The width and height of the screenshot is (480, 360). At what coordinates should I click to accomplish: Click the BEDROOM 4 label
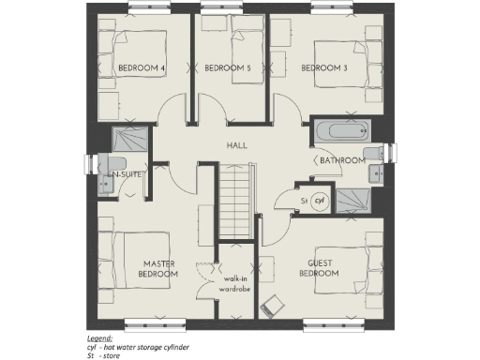click(142, 68)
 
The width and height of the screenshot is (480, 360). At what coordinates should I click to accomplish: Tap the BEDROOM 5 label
click(228, 68)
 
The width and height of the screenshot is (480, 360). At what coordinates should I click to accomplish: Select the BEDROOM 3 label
click(323, 68)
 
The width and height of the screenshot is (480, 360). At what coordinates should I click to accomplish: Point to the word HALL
click(236, 146)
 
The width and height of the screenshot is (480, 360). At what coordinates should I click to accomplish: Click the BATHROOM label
click(341, 160)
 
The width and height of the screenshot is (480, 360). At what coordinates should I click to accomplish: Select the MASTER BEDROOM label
click(159, 269)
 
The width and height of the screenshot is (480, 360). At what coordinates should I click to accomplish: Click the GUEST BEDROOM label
click(319, 269)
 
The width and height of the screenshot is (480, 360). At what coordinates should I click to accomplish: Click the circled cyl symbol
click(319, 200)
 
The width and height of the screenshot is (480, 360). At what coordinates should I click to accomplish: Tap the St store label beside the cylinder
click(304, 201)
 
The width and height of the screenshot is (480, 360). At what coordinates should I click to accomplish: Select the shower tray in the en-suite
click(125, 141)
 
